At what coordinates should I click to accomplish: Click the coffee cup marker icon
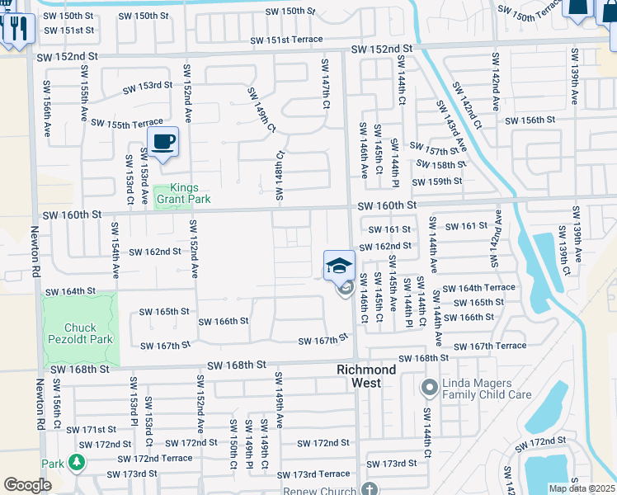(x=162, y=142)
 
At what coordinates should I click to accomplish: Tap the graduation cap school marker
(x=338, y=266)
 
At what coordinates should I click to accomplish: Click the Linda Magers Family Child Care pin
(x=429, y=386)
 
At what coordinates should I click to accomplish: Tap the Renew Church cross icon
(x=370, y=489)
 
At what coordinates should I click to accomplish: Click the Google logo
(x=27, y=485)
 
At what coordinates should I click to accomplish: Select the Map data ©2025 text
(x=582, y=488)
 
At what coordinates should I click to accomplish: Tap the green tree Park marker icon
(x=77, y=462)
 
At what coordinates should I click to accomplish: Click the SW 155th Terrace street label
(x=121, y=123)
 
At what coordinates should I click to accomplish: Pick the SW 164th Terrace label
(x=478, y=288)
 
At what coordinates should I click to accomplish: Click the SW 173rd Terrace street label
(x=313, y=474)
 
